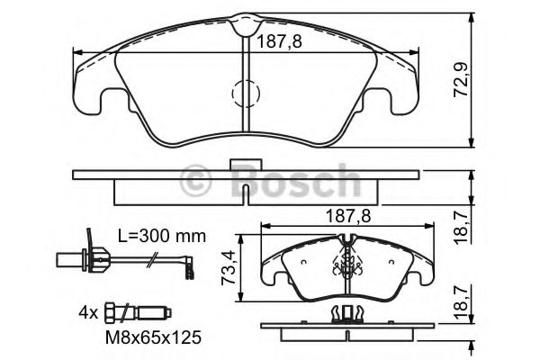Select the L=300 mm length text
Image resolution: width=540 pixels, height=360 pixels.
tap(161, 237)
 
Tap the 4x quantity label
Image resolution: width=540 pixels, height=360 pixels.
tap(87, 312)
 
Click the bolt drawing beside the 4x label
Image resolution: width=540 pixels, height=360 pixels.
tap(136, 312)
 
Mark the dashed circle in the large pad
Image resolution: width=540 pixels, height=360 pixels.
tap(246, 92)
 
